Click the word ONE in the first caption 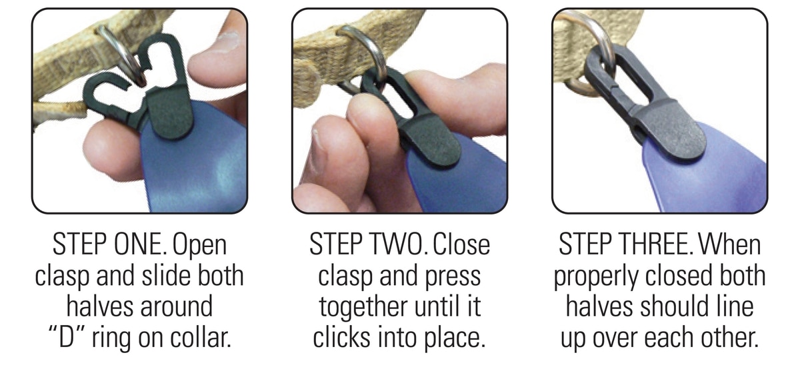pyautogui.click(x=140, y=244)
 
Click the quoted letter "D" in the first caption pyautogui.click(x=66, y=336)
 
